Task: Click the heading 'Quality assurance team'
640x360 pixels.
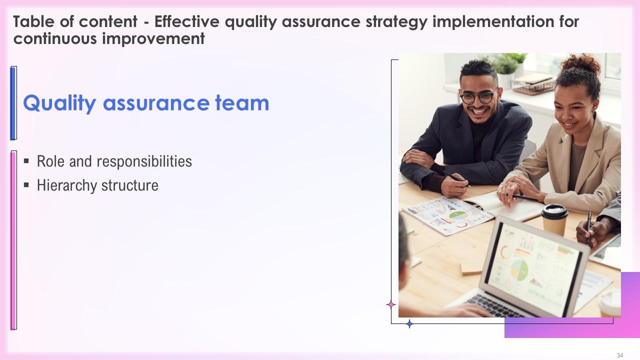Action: [146, 103]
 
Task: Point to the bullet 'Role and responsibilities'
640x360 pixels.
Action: [114, 161]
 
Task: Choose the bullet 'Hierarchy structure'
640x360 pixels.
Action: [97, 185]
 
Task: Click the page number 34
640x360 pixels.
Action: [620, 355]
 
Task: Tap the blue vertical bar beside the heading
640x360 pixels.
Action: [13, 103]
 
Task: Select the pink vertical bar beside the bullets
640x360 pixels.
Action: [13, 240]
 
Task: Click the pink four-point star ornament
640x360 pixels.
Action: [391, 304]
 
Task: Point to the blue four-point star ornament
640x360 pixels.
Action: [409, 323]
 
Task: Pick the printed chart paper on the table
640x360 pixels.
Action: [448, 215]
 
